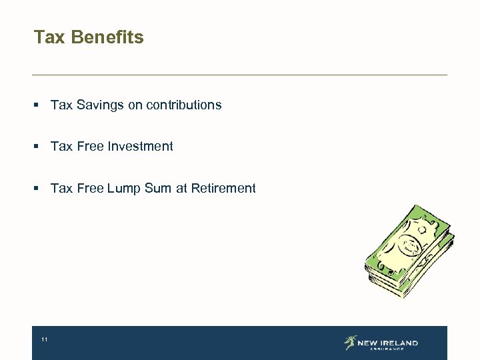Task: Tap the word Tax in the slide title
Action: click(x=49, y=37)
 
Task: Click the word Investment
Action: click(x=141, y=147)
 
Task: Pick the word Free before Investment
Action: click(x=91, y=147)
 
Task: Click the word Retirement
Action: click(x=223, y=189)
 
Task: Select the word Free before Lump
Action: click(x=91, y=189)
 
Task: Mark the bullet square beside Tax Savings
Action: click(x=39, y=105)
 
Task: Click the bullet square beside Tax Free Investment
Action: click(x=39, y=147)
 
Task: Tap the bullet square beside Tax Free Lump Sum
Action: click(x=39, y=189)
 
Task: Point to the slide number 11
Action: click(x=44, y=340)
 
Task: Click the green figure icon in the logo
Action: click(x=350, y=343)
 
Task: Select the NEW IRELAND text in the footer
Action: click(x=387, y=343)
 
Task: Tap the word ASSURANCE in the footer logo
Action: click(x=387, y=349)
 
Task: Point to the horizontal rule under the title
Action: click(x=240, y=75)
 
